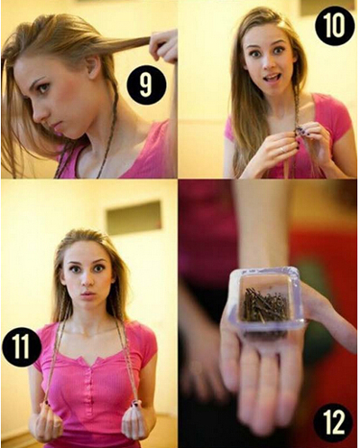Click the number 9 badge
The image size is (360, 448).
coord(146,85)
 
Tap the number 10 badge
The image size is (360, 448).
coord(335,24)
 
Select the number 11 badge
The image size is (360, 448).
coord(21,347)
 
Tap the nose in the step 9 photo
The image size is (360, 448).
coord(38,113)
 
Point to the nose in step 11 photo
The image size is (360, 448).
coord(88,280)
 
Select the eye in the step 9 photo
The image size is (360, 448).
coord(44,88)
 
